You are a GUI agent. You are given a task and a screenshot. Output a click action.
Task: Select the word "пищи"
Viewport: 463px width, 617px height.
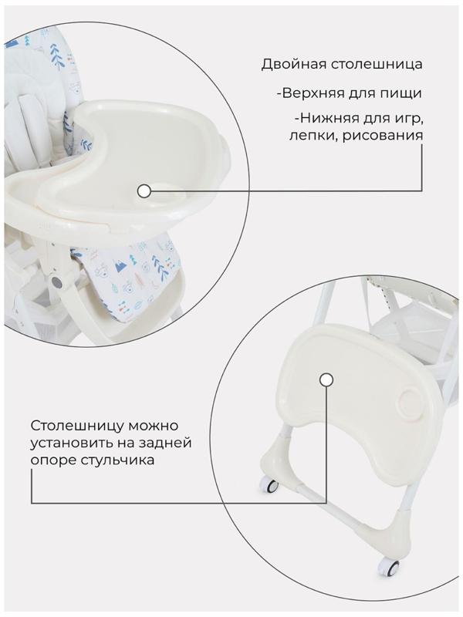403,93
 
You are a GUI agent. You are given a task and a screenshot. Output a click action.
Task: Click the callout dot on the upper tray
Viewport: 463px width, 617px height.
143,190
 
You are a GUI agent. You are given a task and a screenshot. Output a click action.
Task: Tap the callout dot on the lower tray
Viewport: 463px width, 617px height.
326,379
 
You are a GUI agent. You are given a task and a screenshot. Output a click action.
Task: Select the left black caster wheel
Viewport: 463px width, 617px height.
269,487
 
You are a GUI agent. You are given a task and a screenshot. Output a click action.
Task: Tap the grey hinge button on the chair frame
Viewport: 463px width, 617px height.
55,282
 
